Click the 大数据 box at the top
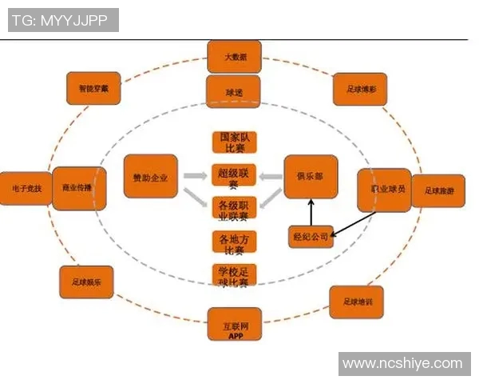click(233, 57)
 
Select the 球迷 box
click(233, 93)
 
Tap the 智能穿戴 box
click(94, 89)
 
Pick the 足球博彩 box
click(360, 90)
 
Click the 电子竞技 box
click(26, 189)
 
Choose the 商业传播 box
click(77, 189)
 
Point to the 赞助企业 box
click(150, 176)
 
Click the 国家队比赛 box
click(233, 142)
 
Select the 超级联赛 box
click(233, 177)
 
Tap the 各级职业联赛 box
click(233, 209)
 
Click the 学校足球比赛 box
click(233, 277)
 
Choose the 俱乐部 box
click(311, 176)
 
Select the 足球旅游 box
click(439, 190)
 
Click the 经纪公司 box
click(309, 236)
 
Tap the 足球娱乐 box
click(86, 282)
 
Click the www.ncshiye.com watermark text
click(402, 364)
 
